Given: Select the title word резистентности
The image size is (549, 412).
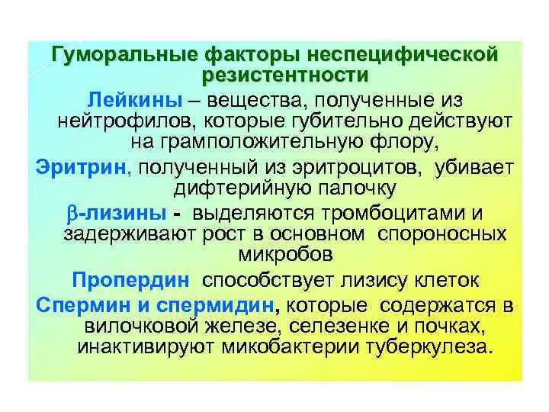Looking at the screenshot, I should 285,76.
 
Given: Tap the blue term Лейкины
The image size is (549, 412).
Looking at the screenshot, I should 134,100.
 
